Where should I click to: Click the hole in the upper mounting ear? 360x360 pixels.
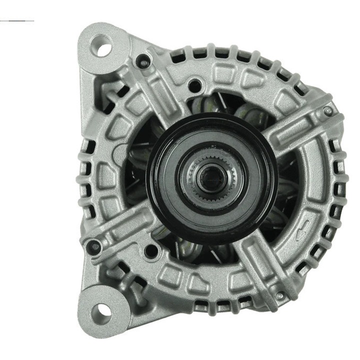pos(103,47)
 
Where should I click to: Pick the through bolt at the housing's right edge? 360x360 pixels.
pos(327,111)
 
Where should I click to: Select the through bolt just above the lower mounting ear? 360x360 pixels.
pos(92,244)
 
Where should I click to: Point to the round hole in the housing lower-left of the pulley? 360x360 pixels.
pos(148,250)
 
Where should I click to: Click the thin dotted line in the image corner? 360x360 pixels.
pos(17,21)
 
